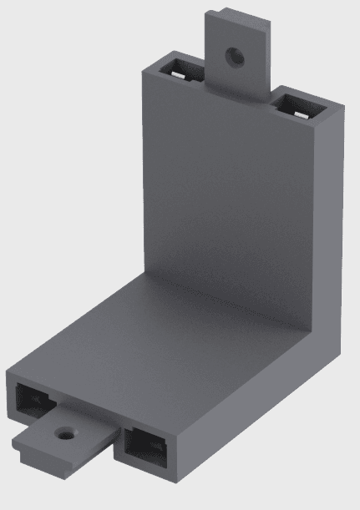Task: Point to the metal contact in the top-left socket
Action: click(x=179, y=73)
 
